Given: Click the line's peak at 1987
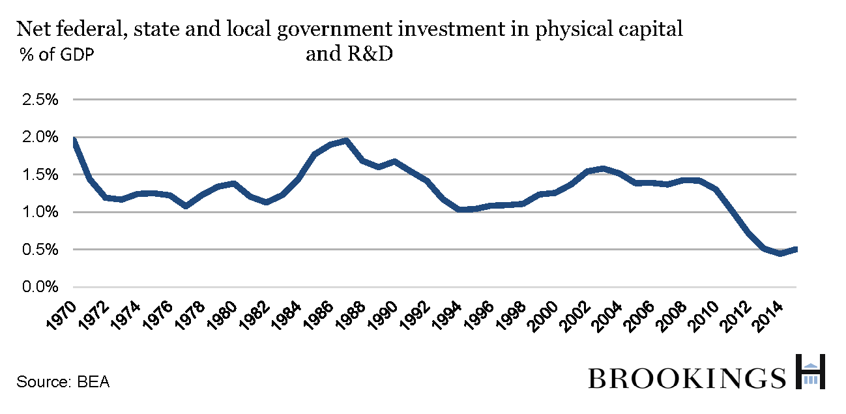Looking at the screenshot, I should click(x=345, y=140).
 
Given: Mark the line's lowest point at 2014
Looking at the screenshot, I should click(x=780, y=253).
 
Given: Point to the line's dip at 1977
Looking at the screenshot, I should click(x=186, y=205).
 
